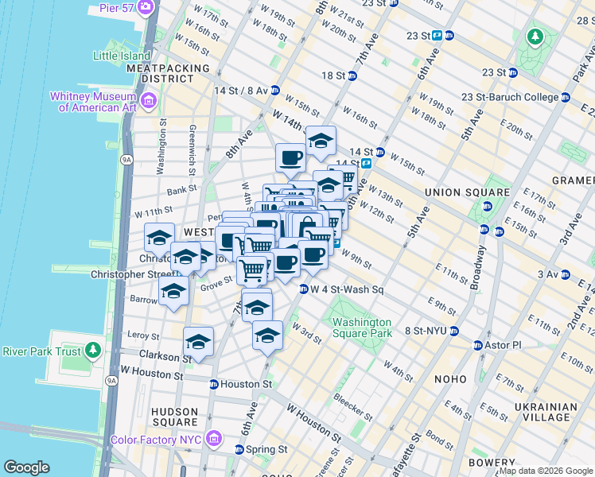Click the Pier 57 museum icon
click(145, 7)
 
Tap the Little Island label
click(121, 56)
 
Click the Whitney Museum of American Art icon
click(149, 101)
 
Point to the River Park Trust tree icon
click(94, 351)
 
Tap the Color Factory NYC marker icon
click(213, 439)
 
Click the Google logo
click(26, 467)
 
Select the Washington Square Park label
click(362, 328)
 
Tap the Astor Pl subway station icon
click(477, 346)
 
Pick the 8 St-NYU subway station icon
click(453, 331)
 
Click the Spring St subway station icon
click(239, 449)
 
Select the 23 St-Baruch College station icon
click(566, 97)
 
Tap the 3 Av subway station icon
click(565, 274)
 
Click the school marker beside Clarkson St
click(199, 343)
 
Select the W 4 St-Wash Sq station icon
click(303, 289)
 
